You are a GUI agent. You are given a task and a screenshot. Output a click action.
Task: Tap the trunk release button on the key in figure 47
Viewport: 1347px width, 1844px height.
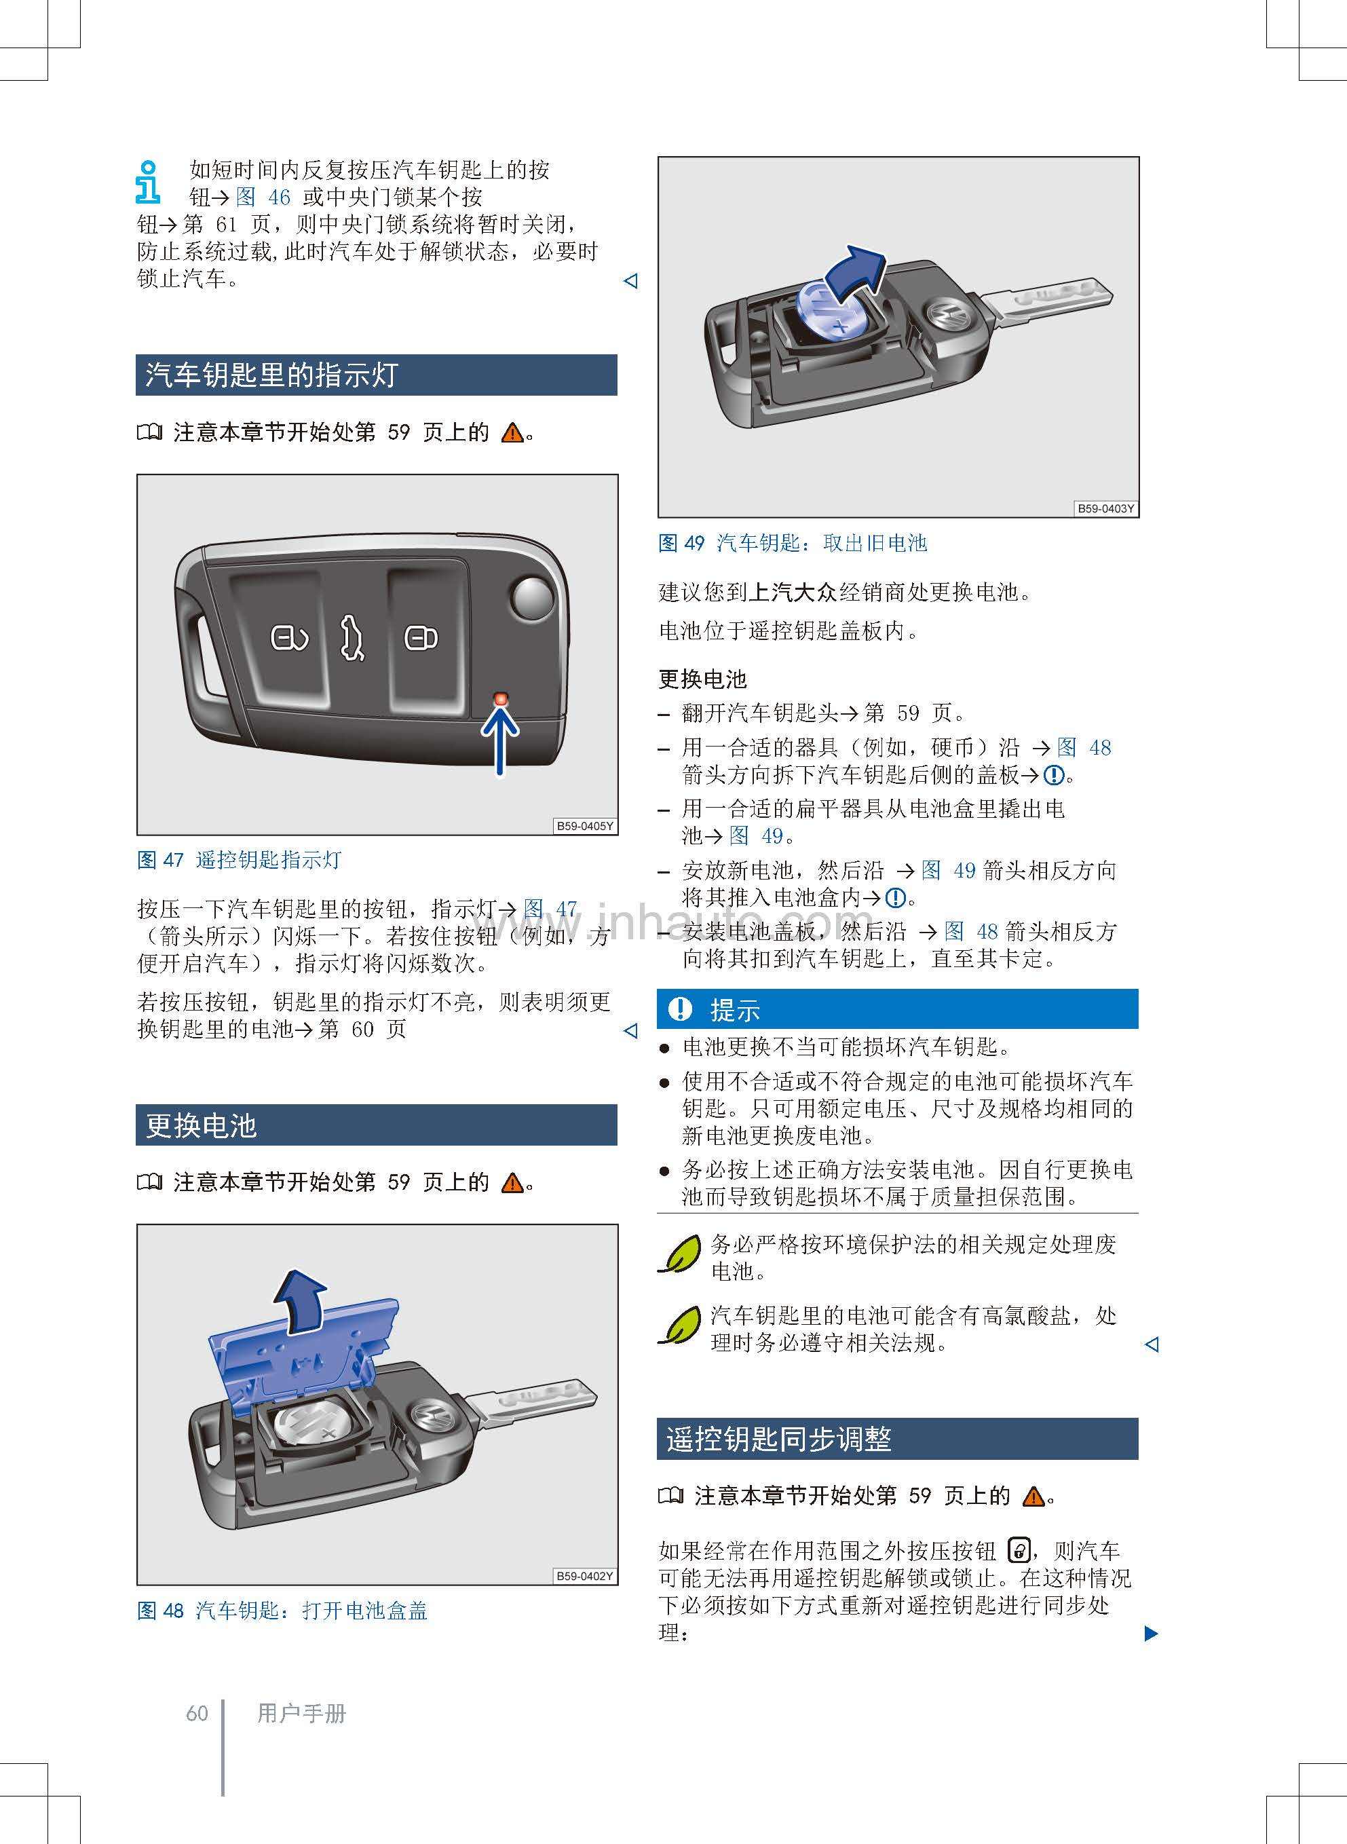(352, 637)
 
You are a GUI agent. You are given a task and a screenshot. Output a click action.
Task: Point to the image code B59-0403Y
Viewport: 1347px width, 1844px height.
(1105, 508)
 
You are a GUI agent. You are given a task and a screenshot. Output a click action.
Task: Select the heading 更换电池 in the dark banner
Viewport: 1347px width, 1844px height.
(202, 1125)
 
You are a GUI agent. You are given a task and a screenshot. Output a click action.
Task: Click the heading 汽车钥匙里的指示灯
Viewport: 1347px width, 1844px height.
(271, 375)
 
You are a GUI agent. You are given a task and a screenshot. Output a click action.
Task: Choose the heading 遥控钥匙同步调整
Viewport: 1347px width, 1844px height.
(779, 1439)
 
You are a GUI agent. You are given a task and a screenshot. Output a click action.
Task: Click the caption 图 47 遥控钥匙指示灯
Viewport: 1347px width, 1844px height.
(240, 860)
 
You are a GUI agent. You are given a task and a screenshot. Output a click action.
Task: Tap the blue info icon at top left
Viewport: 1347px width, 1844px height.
(147, 182)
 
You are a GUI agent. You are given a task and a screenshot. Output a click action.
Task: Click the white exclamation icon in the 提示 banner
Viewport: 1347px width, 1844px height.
(679, 1009)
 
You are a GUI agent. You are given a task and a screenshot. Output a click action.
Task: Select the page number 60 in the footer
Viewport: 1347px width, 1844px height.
(197, 1714)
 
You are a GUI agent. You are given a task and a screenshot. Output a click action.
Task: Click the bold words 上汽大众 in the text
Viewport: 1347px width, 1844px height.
(793, 592)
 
